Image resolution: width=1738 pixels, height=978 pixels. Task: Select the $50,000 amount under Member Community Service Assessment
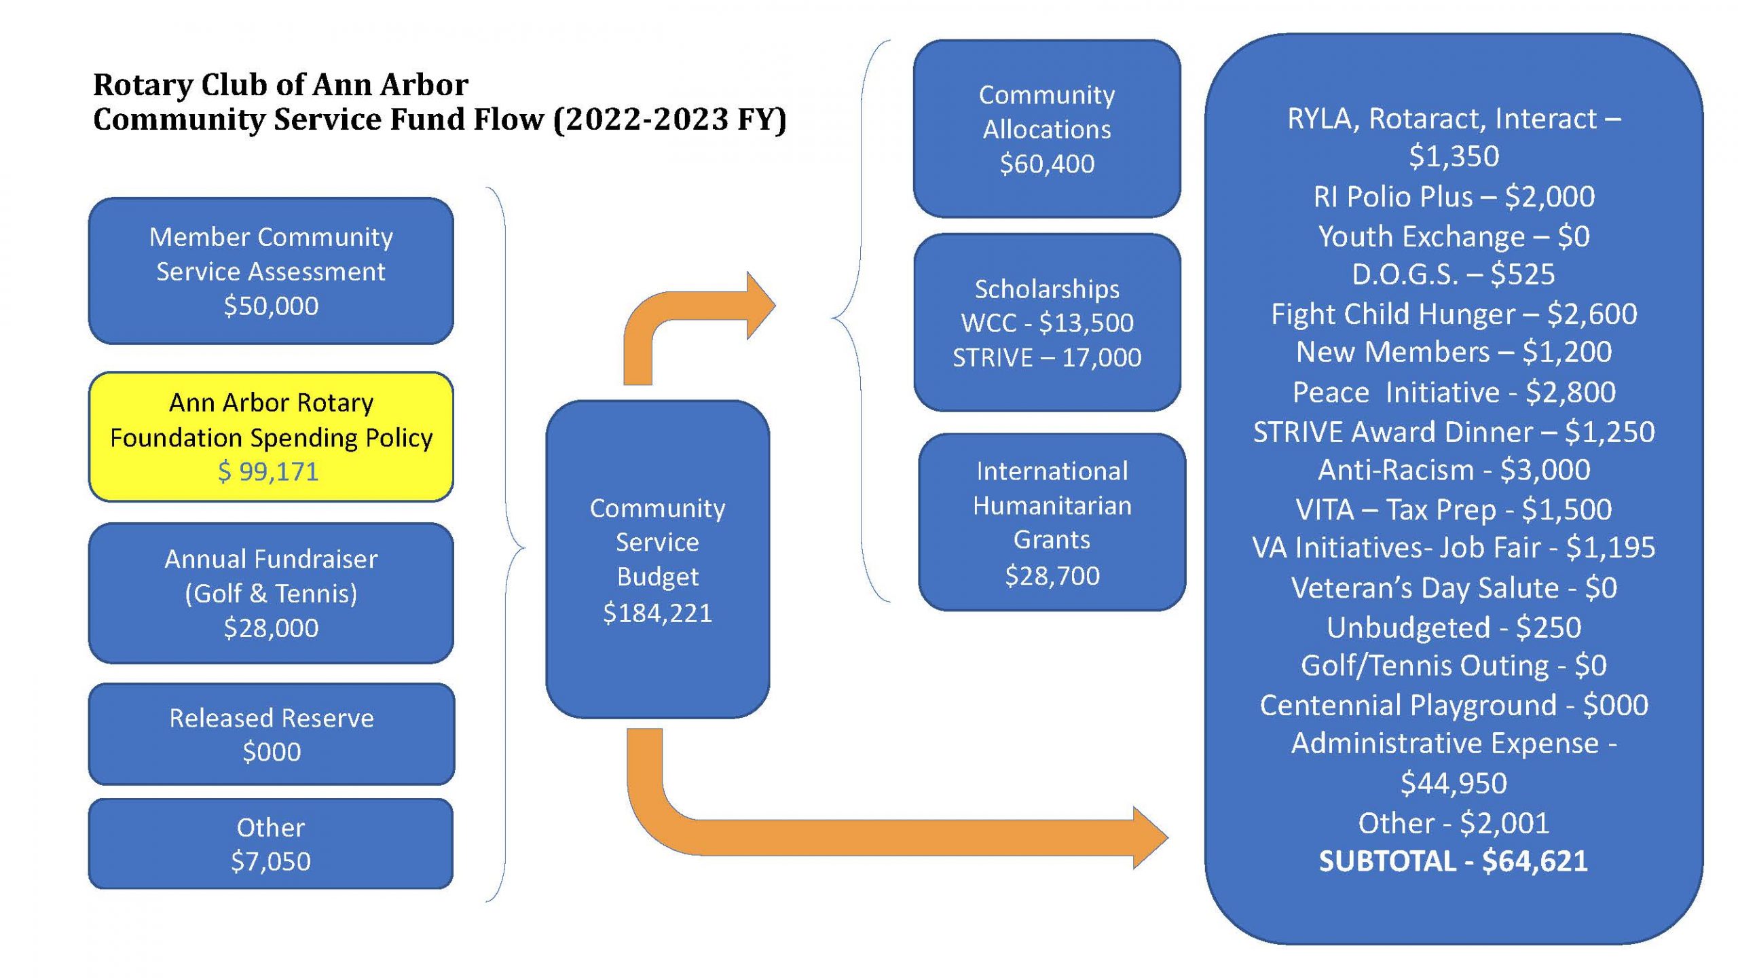tap(271, 306)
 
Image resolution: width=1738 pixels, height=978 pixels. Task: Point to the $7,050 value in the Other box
tap(271, 861)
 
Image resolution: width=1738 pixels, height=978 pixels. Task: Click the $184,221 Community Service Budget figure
tap(657, 613)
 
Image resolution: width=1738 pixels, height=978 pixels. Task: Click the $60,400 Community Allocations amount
tap(1047, 164)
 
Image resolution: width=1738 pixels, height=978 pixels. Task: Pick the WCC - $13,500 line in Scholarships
tap(1047, 323)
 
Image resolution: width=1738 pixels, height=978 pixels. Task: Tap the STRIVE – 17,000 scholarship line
tap(1047, 357)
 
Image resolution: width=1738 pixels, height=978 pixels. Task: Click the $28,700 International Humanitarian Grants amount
tap(1052, 575)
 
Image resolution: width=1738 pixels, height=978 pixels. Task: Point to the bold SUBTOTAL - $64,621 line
tap(1453, 861)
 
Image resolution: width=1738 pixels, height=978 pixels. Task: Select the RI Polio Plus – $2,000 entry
tap(1453, 197)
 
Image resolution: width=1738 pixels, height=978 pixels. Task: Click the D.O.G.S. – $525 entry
tap(1453, 274)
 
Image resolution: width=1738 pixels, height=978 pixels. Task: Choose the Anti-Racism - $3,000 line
tap(1453, 470)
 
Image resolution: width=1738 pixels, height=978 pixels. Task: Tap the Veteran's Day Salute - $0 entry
tap(1453, 588)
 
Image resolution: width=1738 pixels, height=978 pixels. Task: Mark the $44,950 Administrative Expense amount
tap(1453, 783)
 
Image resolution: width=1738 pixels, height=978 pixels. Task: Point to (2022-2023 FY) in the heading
tap(669, 120)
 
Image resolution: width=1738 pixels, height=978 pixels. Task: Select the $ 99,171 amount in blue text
tap(268, 471)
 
